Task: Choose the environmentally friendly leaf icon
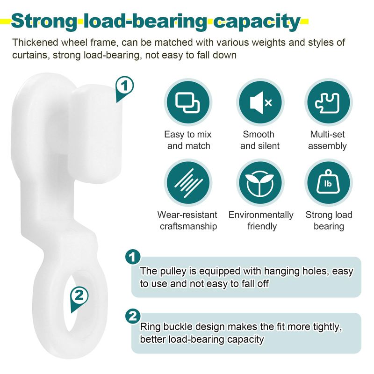tap(261, 182)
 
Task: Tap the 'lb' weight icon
tap(328, 182)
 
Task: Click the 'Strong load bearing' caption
tap(329, 221)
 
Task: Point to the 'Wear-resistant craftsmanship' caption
tap(187, 221)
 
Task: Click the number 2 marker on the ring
tap(79, 295)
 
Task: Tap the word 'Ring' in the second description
tap(150, 327)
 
